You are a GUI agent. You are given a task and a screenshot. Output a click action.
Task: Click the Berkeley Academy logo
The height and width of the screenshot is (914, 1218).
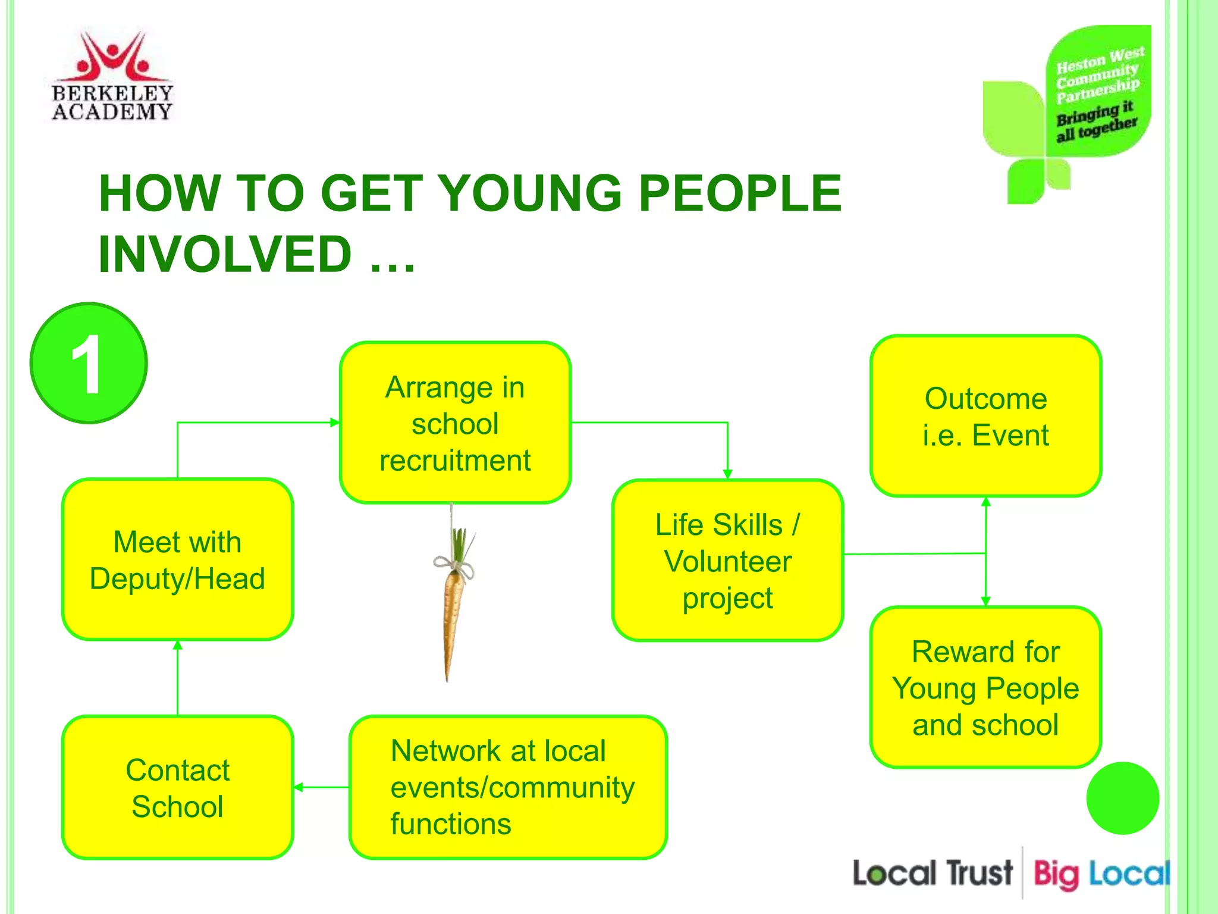(x=112, y=76)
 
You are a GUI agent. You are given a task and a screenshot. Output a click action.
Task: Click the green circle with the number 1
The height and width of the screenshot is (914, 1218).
(x=89, y=364)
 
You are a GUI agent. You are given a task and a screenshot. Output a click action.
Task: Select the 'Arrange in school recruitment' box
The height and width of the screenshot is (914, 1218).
(x=455, y=423)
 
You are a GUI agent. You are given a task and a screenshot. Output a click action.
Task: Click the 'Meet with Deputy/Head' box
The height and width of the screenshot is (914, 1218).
(x=177, y=560)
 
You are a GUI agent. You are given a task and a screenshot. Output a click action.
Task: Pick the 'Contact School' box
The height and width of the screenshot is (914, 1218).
(x=177, y=788)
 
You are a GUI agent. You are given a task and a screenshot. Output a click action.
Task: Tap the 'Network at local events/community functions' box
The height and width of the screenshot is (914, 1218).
(x=508, y=787)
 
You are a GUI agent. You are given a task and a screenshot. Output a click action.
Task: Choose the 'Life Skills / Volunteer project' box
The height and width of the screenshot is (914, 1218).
(x=727, y=561)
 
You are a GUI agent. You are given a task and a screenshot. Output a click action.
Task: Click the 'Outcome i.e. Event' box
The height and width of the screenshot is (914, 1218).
(x=985, y=416)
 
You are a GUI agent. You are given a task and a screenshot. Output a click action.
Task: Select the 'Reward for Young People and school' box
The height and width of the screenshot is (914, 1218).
(x=985, y=688)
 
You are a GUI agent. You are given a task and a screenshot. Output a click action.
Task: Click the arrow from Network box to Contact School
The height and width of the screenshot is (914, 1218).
(x=322, y=787)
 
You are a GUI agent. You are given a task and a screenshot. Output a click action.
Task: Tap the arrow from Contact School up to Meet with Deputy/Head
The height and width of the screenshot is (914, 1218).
(x=177, y=678)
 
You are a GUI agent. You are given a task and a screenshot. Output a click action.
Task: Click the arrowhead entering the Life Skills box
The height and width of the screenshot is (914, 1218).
(x=727, y=474)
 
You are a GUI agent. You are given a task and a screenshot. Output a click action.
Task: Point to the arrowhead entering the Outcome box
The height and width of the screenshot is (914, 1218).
(x=985, y=502)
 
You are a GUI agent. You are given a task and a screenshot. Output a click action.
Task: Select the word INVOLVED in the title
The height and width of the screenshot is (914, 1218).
(x=226, y=254)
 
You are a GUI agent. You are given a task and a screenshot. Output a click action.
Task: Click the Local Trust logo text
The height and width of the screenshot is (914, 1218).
(x=932, y=874)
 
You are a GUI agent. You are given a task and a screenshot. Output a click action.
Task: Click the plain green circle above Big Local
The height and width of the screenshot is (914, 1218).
(x=1122, y=798)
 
